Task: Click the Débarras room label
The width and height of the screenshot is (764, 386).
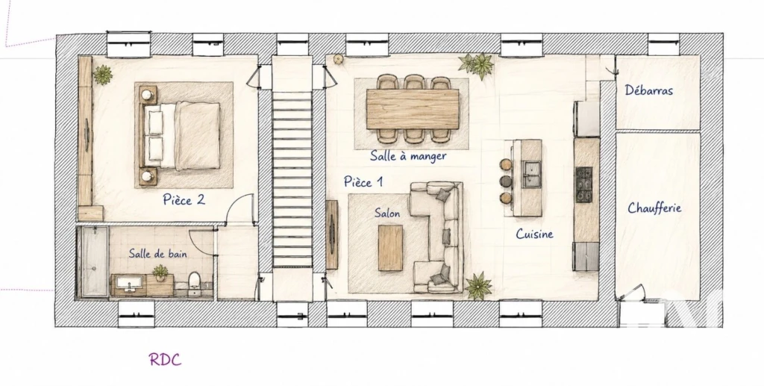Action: pos(648,90)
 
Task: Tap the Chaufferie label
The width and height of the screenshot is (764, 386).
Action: pos(654,208)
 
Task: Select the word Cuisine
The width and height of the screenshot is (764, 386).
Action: pos(534,234)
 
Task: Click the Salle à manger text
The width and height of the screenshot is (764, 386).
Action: pos(408,156)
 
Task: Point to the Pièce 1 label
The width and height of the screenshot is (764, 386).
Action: pos(363,181)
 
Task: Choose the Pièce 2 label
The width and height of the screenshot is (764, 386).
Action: pos(184,200)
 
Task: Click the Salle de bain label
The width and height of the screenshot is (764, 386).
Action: pos(158,253)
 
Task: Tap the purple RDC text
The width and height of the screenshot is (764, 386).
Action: pos(165,360)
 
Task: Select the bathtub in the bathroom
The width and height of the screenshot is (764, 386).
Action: pos(94,261)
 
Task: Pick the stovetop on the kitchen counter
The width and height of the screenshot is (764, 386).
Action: pos(584,184)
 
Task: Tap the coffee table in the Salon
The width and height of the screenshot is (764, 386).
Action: pos(391,248)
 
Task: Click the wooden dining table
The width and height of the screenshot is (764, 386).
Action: pos(413,109)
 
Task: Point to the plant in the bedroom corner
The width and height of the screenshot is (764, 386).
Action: pos(103,75)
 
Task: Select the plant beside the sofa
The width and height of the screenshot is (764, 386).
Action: pos(478,285)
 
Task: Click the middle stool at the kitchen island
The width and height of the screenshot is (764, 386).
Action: pos(507,181)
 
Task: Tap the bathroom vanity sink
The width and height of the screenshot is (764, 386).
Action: pos(129,284)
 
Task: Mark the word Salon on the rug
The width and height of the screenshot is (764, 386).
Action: pos(387,213)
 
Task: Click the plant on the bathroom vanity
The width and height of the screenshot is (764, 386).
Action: pos(160,272)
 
